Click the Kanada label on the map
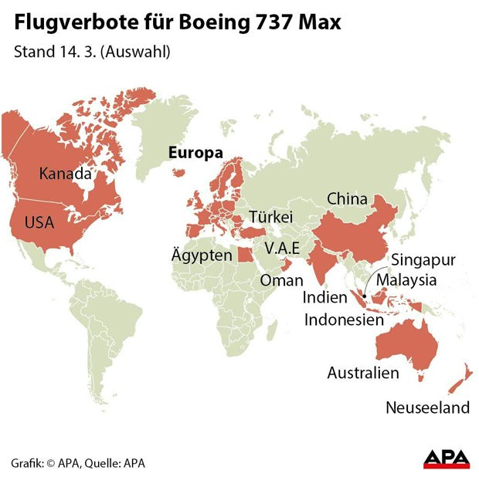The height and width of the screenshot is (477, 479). point(65,174)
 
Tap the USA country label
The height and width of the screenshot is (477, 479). point(39,222)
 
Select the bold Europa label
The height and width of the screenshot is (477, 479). point(196,153)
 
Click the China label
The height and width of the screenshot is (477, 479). point(347,198)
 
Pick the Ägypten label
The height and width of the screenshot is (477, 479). point(202,255)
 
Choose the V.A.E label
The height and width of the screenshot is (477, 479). point(287,249)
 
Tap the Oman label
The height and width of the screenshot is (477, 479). point(281,280)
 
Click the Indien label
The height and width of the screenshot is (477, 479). point(324,297)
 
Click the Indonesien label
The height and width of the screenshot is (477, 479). point(345,319)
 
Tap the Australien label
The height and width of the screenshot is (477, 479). point(363,373)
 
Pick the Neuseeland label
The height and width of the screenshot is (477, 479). point(427,407)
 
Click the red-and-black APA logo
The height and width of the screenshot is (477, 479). point(446,458)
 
